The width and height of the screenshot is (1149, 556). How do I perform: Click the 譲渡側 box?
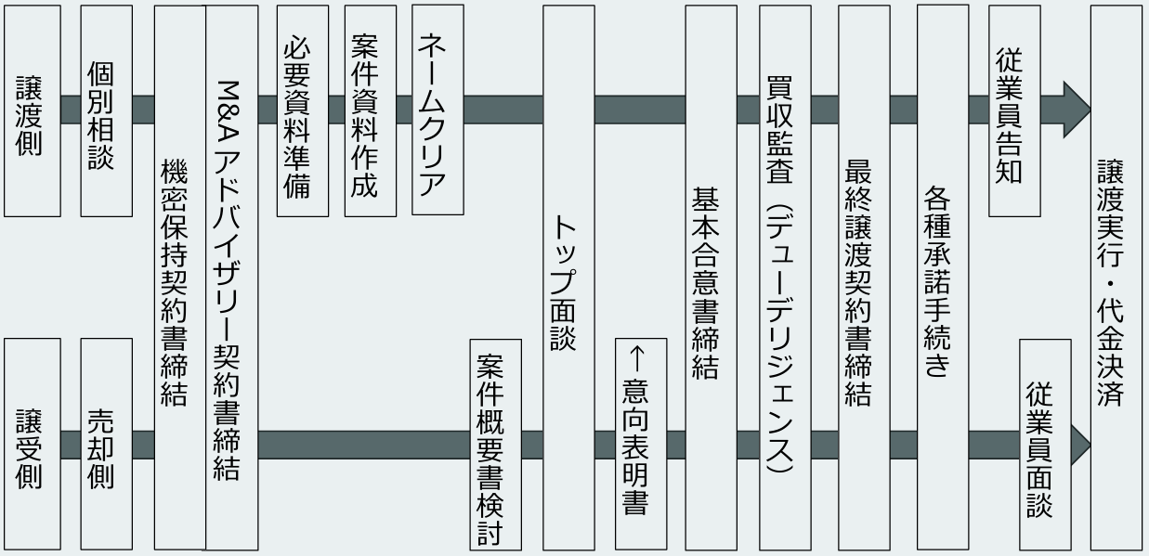pos(33,110)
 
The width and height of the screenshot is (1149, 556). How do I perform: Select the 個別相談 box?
pos(106,110)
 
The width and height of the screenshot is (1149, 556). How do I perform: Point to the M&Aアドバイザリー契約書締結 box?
pos(230,278)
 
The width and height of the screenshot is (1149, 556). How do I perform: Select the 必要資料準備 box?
pos(303,110)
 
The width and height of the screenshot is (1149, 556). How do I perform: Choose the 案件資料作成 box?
pos(370,110)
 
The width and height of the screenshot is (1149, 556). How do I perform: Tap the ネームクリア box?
pos(437,110)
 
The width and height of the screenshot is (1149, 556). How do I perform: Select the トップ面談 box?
pos(568,278)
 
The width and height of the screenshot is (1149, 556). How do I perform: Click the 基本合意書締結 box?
pos(712,278)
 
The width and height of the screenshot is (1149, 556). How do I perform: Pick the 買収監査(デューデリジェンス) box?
pos(785,278)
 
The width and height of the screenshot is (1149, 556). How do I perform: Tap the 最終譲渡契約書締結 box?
pos(864,278)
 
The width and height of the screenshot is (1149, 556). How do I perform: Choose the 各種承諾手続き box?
pos(942,278)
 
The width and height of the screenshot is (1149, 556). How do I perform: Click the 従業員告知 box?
pos(1014,110)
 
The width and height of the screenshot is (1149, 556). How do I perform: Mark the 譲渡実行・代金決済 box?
pos(1116,278)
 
